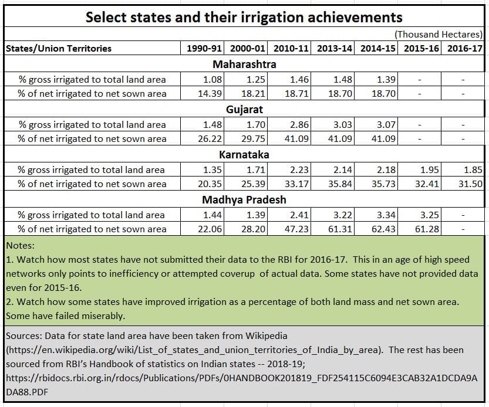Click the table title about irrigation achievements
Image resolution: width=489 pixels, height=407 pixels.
point(244,16)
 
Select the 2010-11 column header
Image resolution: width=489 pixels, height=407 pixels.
point(291,49)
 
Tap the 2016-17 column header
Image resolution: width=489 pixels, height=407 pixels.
point(465,49)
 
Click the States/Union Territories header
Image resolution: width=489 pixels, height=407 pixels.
point(59,49)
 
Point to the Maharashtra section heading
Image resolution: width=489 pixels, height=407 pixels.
point(244,64)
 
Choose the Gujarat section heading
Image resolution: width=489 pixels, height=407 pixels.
point(244,110)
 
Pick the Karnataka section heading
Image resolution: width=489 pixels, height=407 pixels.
point(244,155)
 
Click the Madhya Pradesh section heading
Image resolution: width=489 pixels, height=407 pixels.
point(244,200)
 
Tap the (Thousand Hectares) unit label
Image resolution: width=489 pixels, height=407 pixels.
point(439,35)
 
